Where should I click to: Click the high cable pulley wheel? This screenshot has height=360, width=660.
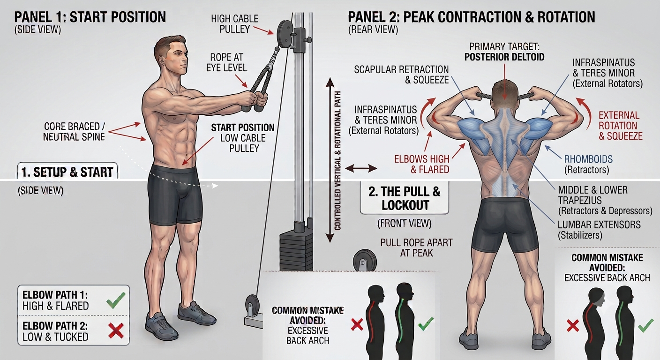click(284, 33)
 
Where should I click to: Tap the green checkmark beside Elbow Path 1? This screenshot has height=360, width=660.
click(116, 300)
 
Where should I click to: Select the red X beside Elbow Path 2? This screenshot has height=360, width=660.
click(116, 330)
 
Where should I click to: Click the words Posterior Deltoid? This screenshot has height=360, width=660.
click(504, 57)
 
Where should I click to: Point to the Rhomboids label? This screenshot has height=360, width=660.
click(588, 165)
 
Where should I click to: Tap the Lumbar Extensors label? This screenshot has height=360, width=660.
click(599, 230)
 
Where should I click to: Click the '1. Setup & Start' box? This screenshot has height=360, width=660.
click(67, 172)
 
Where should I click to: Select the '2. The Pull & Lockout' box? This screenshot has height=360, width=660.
click(404, 198)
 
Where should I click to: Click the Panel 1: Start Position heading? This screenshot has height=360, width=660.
click(90, 17)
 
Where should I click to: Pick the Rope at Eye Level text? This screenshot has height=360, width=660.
click(226, 62)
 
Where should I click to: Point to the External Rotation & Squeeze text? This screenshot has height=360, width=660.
click(620, 126)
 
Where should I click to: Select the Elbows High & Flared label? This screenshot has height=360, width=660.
click(421, 165)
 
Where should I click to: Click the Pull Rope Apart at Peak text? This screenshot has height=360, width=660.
click(416, 248)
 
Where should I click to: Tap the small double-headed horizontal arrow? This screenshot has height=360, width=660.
click(361, 168)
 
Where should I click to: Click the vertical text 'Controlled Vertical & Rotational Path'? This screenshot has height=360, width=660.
click(337, 161)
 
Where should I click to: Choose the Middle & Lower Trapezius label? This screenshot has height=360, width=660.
click(605, 200)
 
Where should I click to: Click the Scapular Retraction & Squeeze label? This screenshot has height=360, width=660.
click(401, 75)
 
